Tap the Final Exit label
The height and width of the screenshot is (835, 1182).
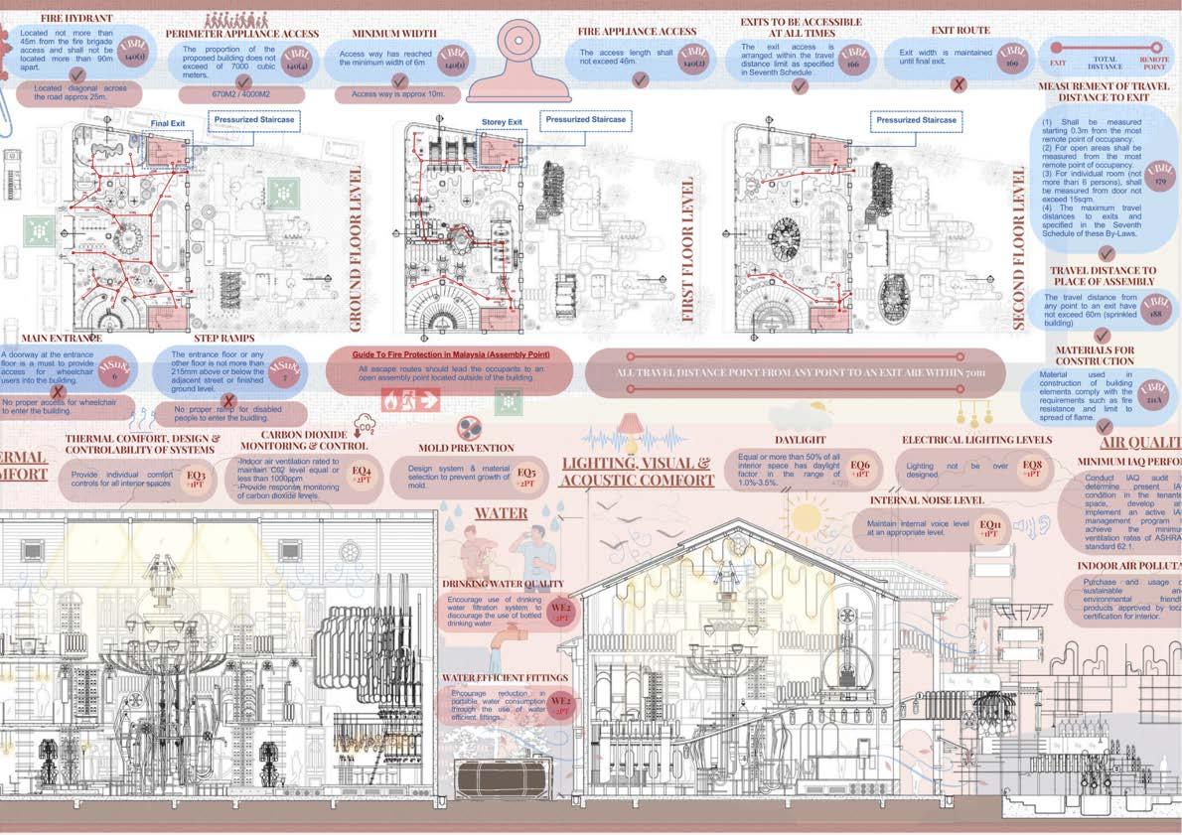[x=168, y=123]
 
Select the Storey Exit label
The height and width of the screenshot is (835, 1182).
[x=502, y=122]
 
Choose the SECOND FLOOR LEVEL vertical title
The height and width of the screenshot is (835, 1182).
[x=1019, y=248]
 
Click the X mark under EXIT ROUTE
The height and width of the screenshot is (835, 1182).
[x=958, y=85]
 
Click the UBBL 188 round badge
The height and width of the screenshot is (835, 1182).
[x=1156, y=306]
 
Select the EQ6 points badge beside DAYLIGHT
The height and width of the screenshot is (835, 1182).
[x=860, y=469]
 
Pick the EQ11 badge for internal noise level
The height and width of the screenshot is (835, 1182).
[x=990, y=528]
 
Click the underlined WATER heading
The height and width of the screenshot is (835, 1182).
[x=501, y=513]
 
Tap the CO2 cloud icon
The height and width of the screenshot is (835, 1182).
[x=364, y=428]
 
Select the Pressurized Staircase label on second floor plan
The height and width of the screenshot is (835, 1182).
[x=916, y=120]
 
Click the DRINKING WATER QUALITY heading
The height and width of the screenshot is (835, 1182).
[x=503, y=584]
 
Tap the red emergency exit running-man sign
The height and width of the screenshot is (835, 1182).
[x=410, y=402]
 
